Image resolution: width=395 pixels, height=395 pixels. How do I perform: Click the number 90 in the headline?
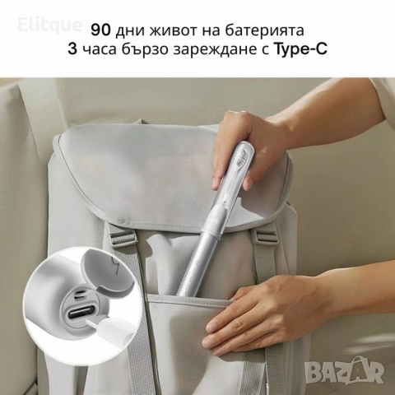100,30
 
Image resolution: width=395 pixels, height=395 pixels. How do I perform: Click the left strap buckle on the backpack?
121,239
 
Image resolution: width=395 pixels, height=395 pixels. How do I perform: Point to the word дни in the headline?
130,30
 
